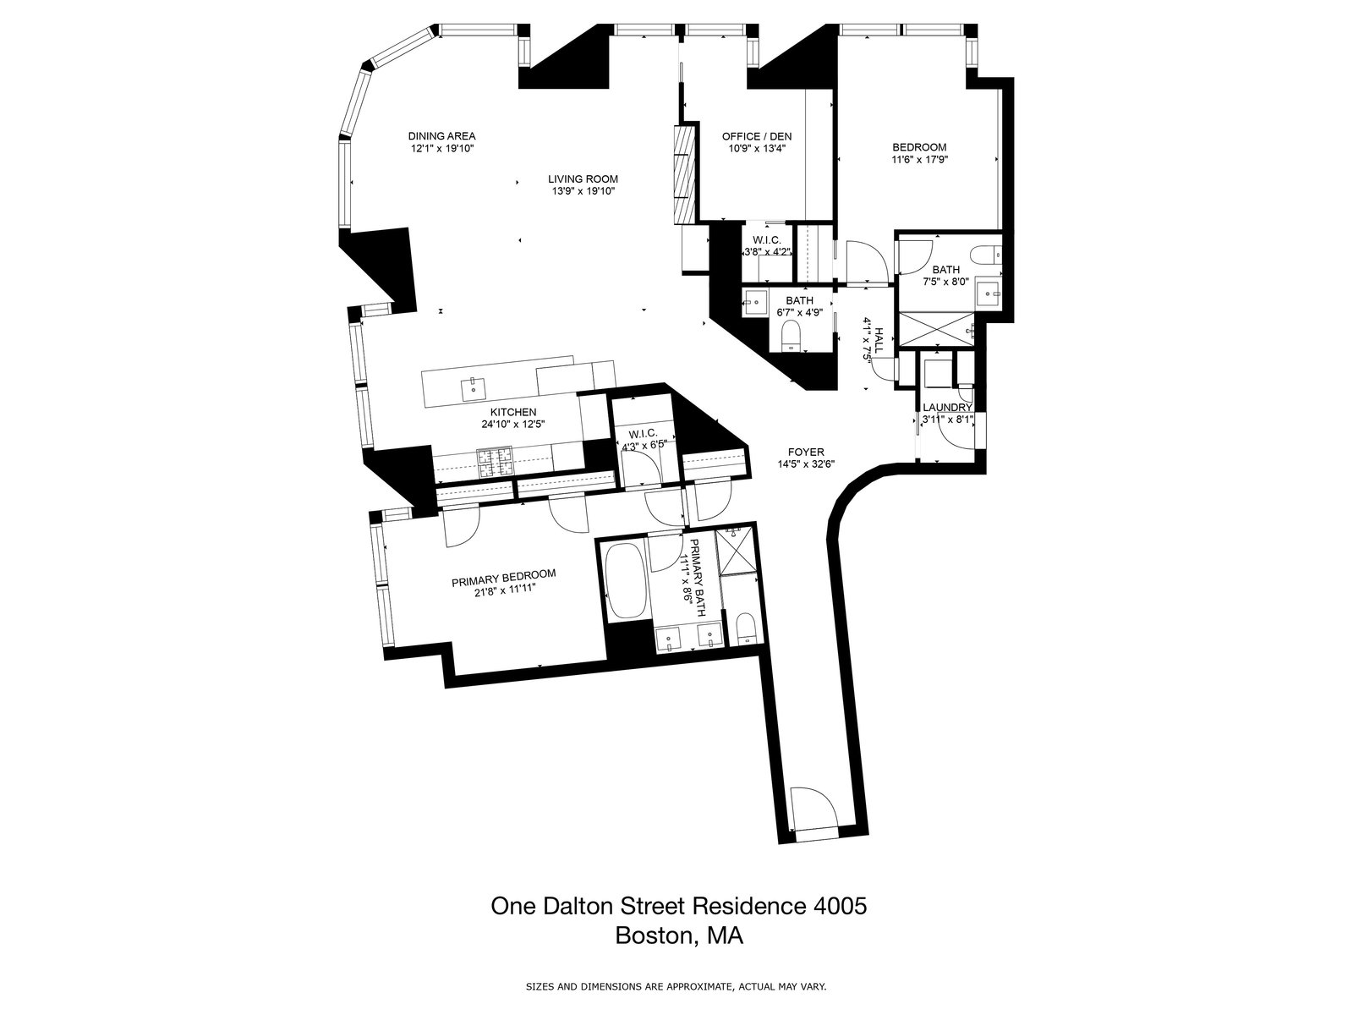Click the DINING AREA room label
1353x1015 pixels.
441,135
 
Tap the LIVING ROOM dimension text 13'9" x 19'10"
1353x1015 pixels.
583,191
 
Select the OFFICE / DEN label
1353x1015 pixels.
757,135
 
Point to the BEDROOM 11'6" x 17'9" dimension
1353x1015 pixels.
919,159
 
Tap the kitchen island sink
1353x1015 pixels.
472,388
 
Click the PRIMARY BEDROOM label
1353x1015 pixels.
503,574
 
